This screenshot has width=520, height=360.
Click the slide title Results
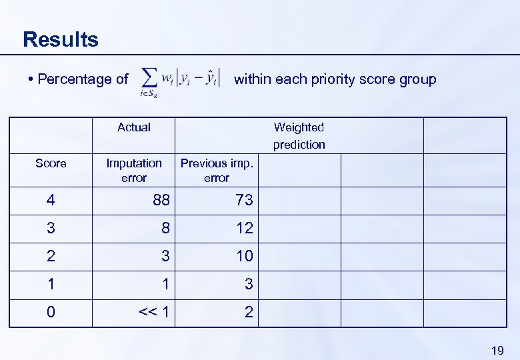coord(60,39)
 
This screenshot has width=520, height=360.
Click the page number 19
coord(497,350)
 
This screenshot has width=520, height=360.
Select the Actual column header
coord(133,127)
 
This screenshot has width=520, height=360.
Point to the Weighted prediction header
coord(299,135)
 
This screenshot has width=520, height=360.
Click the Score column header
coord(51,163)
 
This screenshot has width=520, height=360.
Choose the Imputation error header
coord(133,170)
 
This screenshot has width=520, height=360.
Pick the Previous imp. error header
coord(217,170)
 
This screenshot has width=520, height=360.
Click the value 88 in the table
coord(161,200)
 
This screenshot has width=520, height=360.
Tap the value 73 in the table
coord(244,200)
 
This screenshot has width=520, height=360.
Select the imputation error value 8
coord(165,228)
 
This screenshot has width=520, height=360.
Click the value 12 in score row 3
coord(244,228)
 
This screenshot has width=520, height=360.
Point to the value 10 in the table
coord(244,256)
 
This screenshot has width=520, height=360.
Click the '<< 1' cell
coord(154,312)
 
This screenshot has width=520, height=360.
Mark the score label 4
coord(51,200)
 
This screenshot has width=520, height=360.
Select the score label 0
coord(51,312)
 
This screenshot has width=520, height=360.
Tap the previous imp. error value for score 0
coord(249,312)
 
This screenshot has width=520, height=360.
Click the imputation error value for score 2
coord(165,256)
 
